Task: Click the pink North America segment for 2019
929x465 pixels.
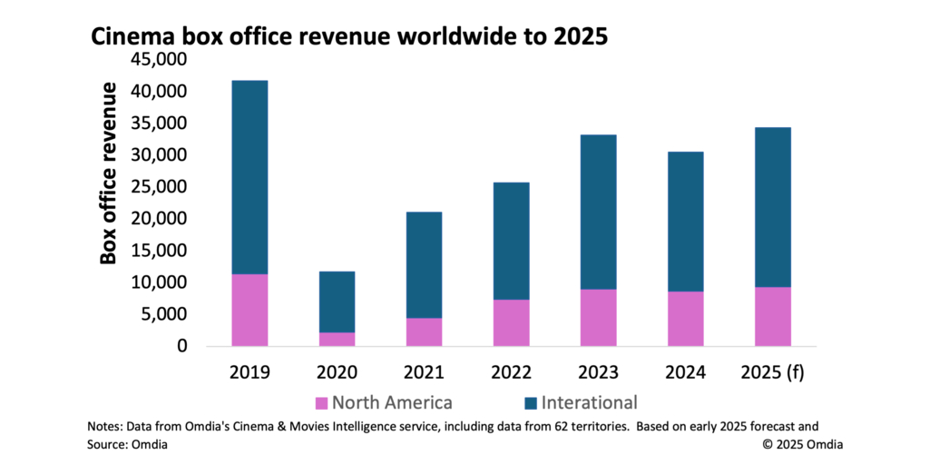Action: (x=249, y=310)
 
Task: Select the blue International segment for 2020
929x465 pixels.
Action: (x=337, y=302)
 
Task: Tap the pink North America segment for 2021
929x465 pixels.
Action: (x=424, y=331)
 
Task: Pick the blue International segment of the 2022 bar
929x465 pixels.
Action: (x=511, y=241)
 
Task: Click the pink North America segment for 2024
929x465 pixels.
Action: (x=685, y=319)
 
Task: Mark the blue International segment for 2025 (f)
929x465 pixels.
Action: (x=772, y=207)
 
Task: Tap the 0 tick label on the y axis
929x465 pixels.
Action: (x=181, y=346)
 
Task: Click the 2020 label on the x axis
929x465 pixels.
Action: (x=337, y=371)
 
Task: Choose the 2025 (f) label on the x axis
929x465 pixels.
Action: (x=772, y=371)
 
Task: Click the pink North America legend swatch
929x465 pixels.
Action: (x=320, y=403)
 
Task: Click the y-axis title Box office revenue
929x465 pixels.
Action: (x=110, y=173)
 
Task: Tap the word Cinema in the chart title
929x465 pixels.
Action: (x=127, y=37)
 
